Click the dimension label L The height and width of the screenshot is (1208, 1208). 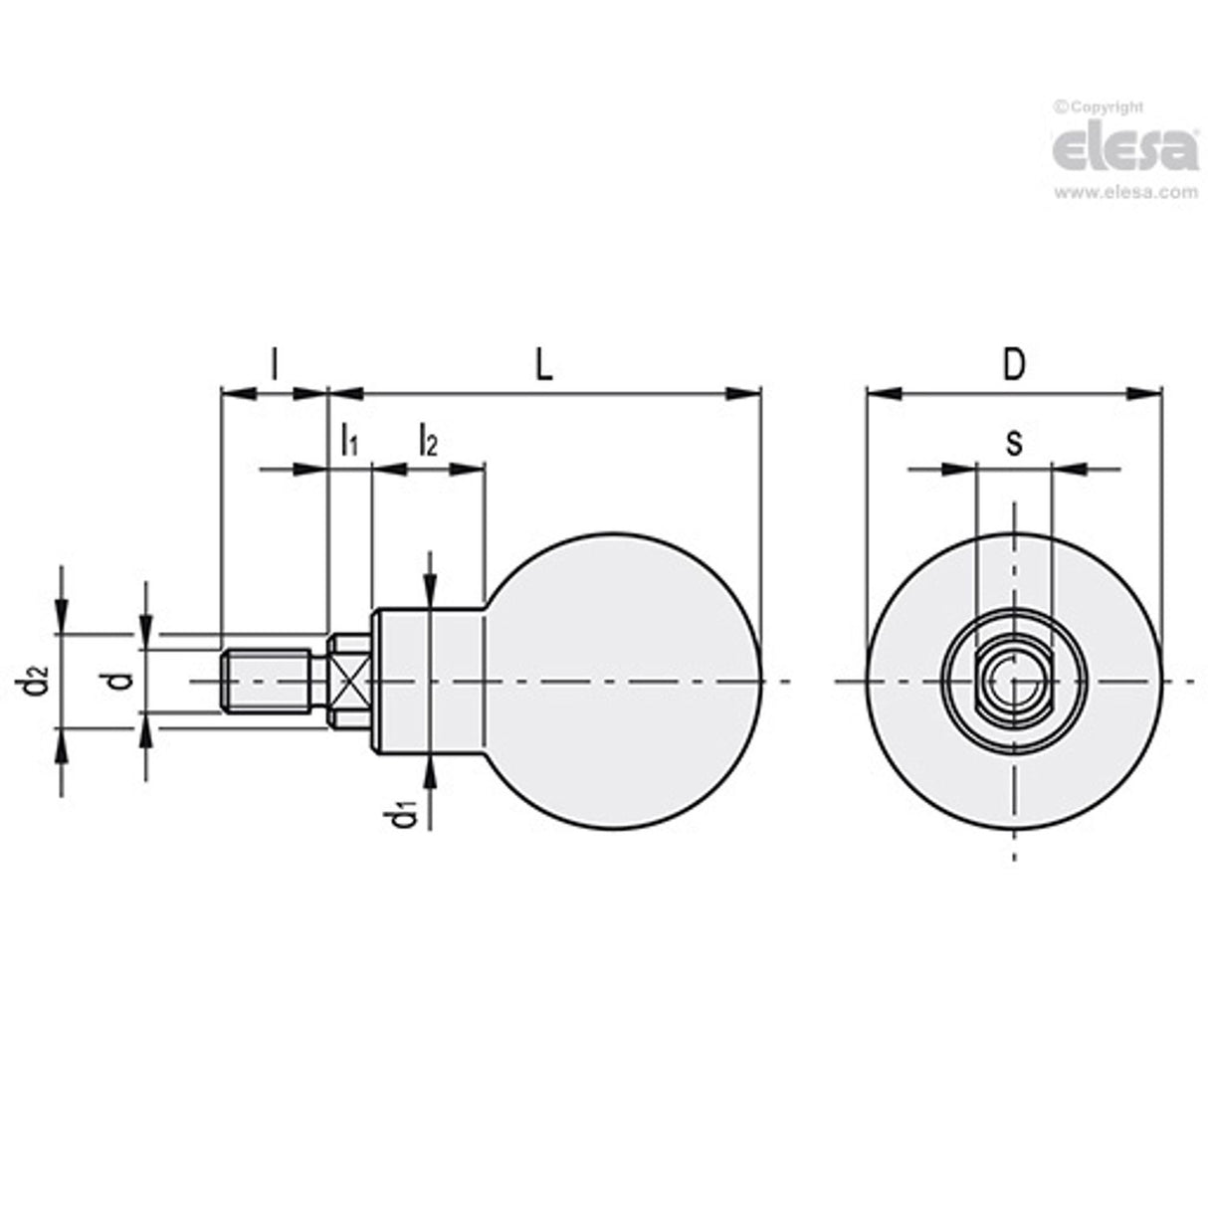pos(542,365)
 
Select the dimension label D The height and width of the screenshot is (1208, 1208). pos(1013,365)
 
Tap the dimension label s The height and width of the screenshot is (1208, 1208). pos(1013,442)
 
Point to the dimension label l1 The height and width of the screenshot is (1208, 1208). pos(348,439)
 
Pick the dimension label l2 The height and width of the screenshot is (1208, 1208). pos(427,439)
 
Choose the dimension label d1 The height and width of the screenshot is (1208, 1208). pos(403,814)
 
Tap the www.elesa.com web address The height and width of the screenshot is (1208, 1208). pos(1125,193)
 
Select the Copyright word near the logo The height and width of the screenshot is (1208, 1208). pos(1104,107)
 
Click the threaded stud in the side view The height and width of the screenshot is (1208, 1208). pos(267,681)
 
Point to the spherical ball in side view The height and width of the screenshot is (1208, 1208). pos(622,681)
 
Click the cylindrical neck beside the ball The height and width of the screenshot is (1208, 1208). pos(428,682)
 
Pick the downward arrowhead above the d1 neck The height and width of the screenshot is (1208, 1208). pos(430,589)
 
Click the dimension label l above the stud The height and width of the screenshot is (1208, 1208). pos(274,365)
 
